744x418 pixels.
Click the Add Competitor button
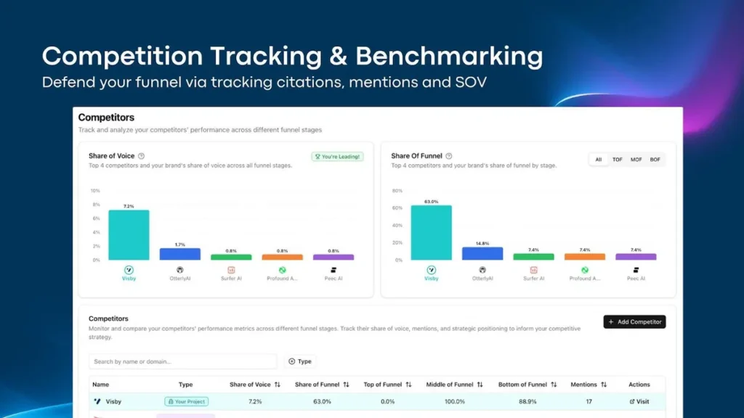point(634,321)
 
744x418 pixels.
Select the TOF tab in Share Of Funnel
point(617,160)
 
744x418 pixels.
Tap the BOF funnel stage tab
point(655,160)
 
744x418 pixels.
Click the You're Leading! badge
point(338,156)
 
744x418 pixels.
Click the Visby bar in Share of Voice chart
point(129,235)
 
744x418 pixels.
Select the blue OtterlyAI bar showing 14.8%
point(482,253)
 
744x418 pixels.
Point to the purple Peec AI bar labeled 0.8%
point(333,257)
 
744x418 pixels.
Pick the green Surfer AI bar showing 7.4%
point(533,257)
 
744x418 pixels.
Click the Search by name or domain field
point(182,361)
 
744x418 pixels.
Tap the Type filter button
point(299,361)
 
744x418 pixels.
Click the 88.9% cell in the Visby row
point(523,401)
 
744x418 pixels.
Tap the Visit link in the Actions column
point(639,401)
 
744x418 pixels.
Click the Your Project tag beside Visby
point(186,401)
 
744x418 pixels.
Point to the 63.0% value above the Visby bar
point(431,202)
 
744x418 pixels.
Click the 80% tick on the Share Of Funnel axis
point(397,191)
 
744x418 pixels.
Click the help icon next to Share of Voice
point(141,156)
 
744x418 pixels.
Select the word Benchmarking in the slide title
point(449,56)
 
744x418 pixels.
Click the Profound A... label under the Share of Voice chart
point(282,279)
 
